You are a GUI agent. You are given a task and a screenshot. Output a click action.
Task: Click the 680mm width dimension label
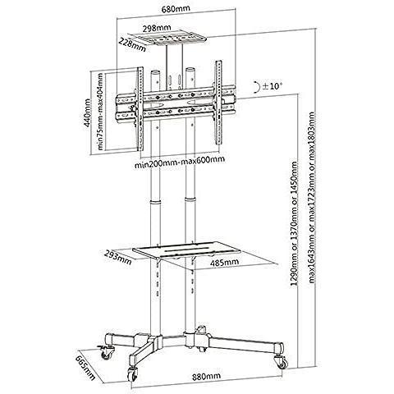(176, 8)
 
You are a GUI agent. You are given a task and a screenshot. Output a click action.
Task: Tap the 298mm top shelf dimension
(157, 28)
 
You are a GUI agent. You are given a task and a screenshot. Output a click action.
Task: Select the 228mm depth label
(132, 44)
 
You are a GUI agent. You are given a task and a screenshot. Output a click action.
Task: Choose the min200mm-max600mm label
(180, 165)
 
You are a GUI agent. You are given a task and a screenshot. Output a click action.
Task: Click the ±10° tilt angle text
(272, 86)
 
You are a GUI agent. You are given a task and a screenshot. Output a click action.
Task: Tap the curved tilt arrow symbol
(257, 87)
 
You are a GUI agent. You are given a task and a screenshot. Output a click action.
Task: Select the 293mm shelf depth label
(118, 257)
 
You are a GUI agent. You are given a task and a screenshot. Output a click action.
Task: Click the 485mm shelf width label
(224, 263)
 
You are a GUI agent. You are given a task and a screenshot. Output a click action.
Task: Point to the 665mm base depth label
(85, 368)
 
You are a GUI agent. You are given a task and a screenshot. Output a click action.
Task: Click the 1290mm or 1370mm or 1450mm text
(294, 223)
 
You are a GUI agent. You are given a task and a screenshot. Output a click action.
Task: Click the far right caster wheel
(282, 362)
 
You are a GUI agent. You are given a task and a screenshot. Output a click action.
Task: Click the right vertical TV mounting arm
(218, 103)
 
